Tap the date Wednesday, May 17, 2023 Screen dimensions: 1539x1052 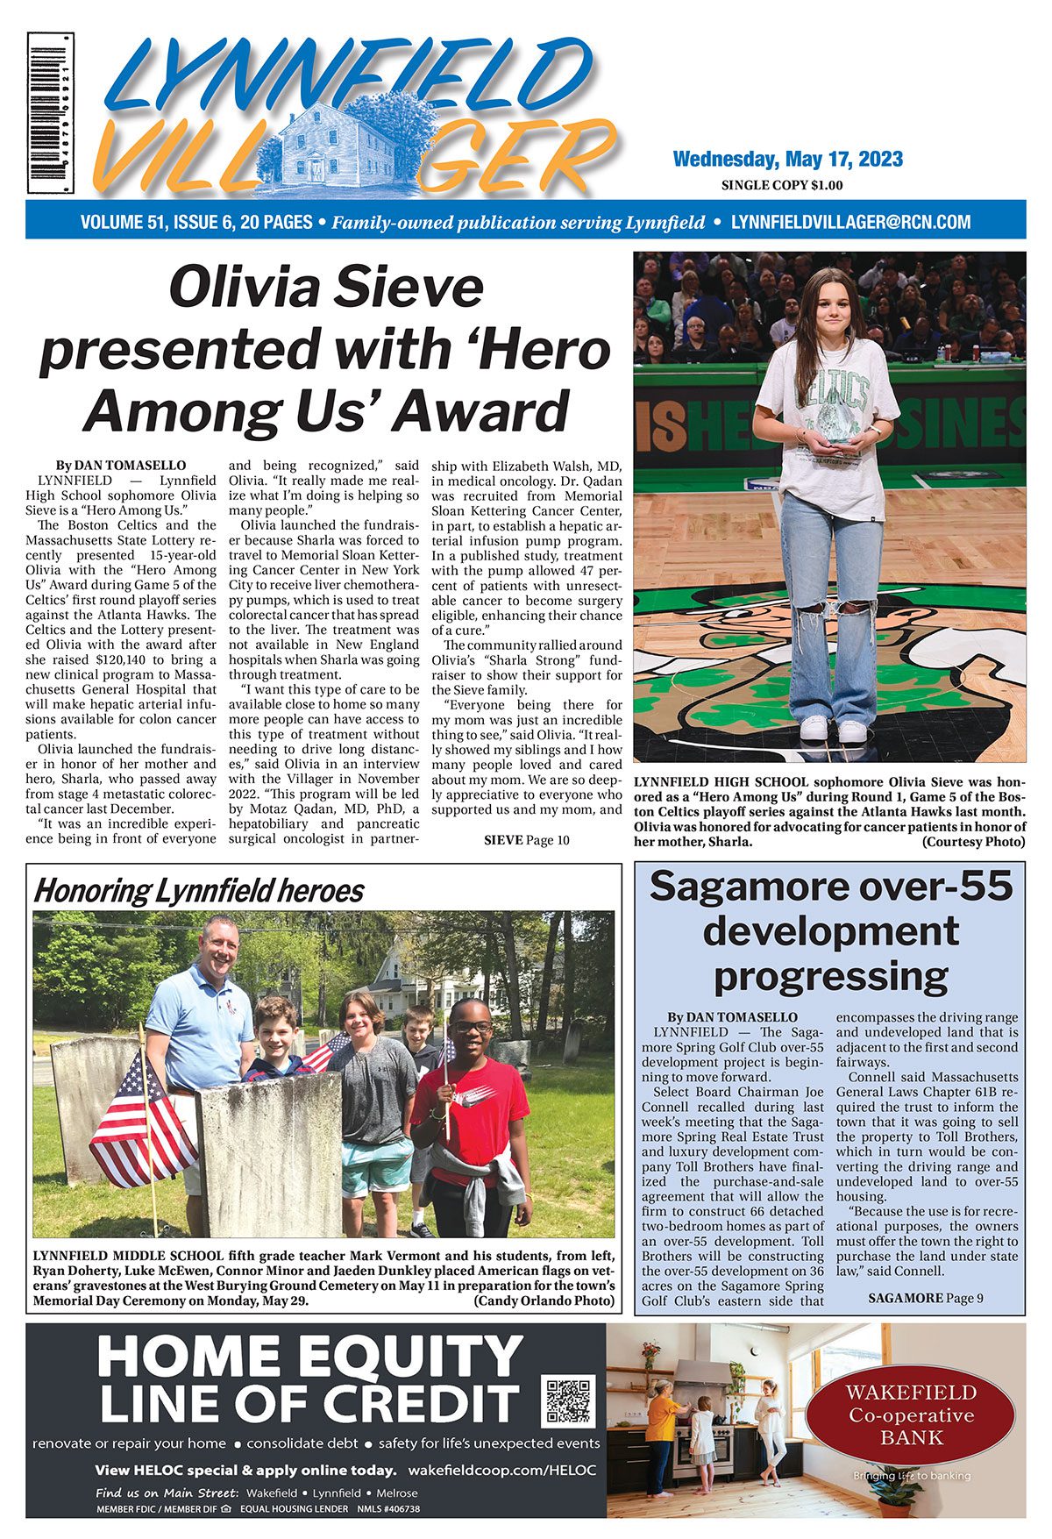point(787,160)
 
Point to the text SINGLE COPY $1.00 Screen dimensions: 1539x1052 point(781,185)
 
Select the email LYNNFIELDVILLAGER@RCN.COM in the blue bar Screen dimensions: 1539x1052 point(850,222)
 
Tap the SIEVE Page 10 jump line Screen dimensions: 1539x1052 point(527,840)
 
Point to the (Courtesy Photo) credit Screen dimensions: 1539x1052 point(973,842)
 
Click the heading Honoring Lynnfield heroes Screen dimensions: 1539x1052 point(198,891)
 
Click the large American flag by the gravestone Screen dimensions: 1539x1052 point(140,1122)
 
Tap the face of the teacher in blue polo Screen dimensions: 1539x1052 point(218,942)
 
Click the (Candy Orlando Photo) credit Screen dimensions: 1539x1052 point(544,1300)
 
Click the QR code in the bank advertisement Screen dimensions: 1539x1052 point(569,1400)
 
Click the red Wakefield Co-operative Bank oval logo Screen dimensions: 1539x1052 point(911,1414)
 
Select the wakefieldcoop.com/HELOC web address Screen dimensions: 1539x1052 point(502,1470)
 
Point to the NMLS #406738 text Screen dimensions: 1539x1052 point(388,1509)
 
